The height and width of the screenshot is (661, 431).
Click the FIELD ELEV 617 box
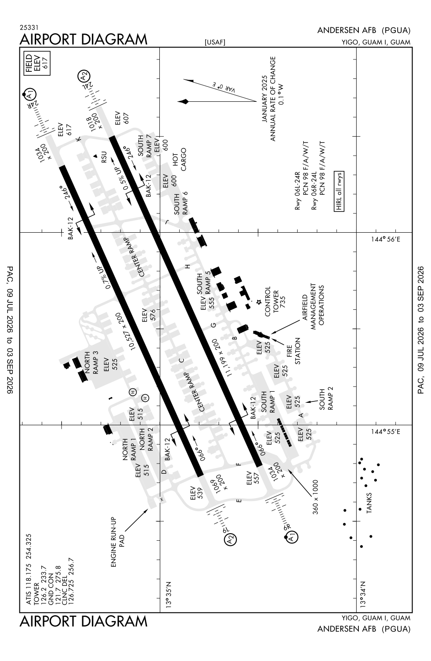pyautogui.click(x=37, y=63)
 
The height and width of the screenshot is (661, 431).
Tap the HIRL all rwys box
pyautogui.click(x=339, y=191)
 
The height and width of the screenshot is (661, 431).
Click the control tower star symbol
pyautogui.click(x=259, y=302)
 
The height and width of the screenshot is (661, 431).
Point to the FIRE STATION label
pyautogui.click(x=293, y=351)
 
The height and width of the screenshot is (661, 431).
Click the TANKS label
pyautogui.click(x=369, y=503)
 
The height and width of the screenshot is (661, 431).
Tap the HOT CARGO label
pyautogui.click(x=180, y=160)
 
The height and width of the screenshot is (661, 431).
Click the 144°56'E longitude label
pyautogui.click(x=385, y=239)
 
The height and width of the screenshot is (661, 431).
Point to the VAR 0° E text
pyautogui.click(x=224, y=87)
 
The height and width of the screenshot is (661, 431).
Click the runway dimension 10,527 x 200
pyautogui.click(x=127, y=331)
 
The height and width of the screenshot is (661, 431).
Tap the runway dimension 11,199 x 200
pyautogui.click(x=223, y=357)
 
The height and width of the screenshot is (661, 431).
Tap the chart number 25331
pyautogui.click(x=29, y=27)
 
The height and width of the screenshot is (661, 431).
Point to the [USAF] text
pyautogui.click(x=215, y=42)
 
